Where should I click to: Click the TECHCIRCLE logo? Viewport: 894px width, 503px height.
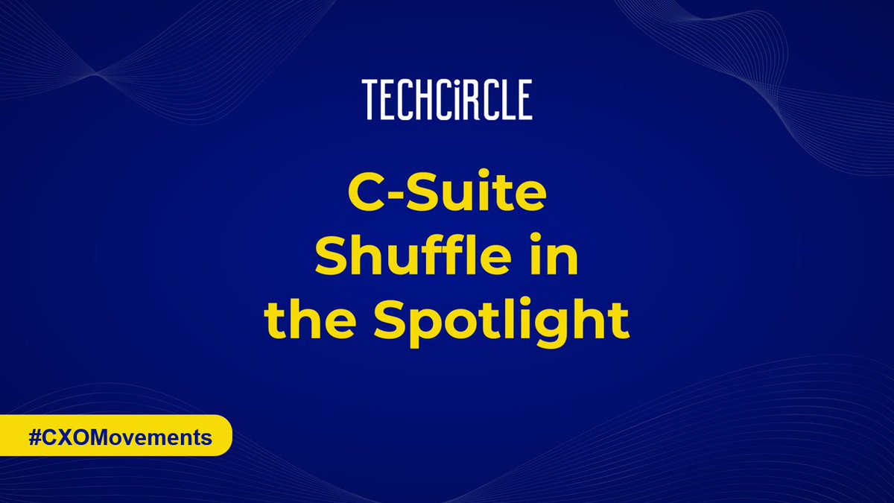[x=447, y=101]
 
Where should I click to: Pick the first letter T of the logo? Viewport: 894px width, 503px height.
[x=370, y=101]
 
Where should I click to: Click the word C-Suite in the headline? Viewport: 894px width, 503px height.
[x=447, y=200]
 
